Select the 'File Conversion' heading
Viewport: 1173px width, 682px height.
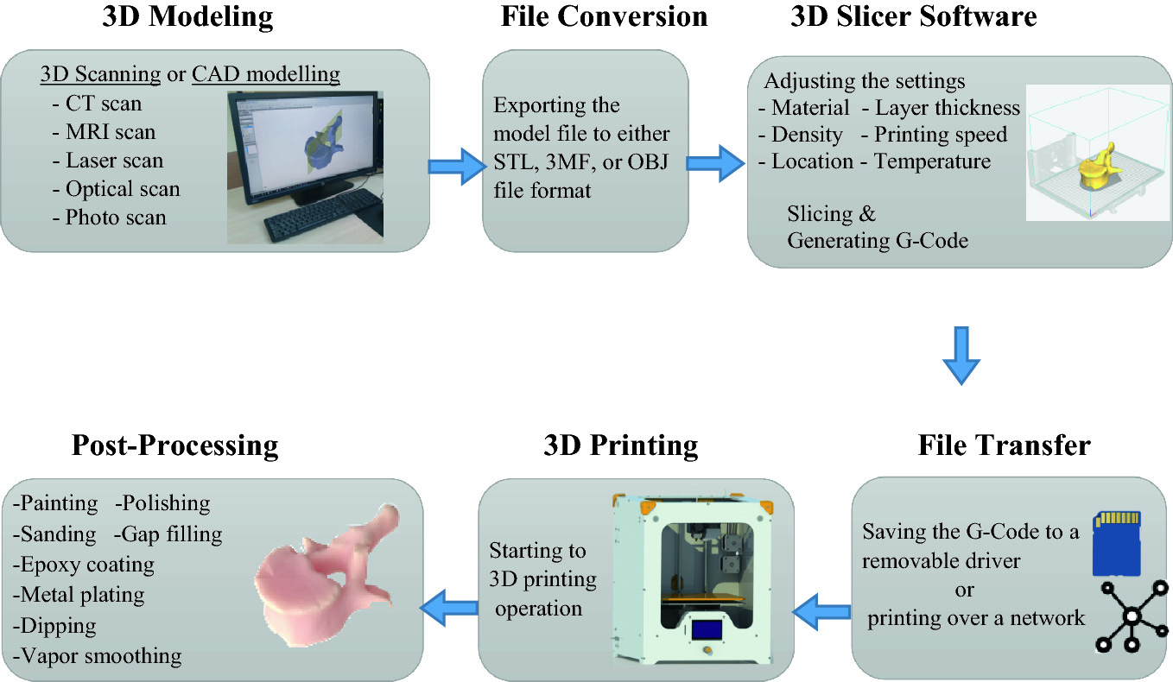click(604, 16)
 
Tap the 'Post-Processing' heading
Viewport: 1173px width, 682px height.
click(175, 445)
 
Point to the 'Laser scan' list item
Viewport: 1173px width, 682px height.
click(114, 161)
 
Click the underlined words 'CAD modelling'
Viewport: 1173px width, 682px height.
click(265, 75)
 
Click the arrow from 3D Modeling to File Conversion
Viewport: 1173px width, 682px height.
click(456, 164)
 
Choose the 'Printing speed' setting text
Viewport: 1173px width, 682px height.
click(941, 135)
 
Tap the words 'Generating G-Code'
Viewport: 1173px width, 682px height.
click(877, 241)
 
